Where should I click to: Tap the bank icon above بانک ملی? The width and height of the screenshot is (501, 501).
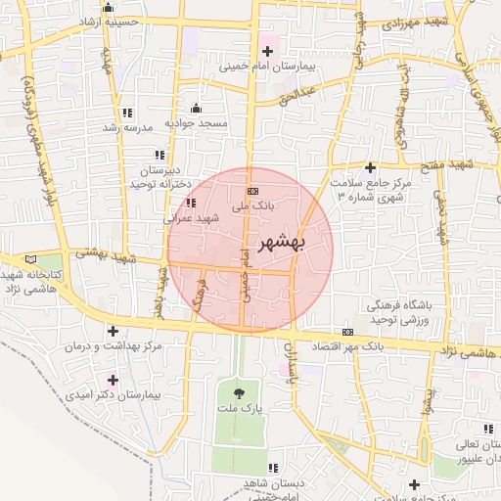(x=252, y=191)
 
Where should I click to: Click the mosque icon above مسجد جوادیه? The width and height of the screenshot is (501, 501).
(x=196, y=108)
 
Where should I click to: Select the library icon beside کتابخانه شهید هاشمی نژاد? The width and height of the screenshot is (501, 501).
(x=31, y=258)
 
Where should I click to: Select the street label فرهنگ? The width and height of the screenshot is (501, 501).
(x=201, y=294)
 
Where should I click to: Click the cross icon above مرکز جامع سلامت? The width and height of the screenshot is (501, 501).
(x=370, y=168)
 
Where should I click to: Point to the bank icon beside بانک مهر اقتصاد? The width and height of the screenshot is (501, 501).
(x=348, y=333)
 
